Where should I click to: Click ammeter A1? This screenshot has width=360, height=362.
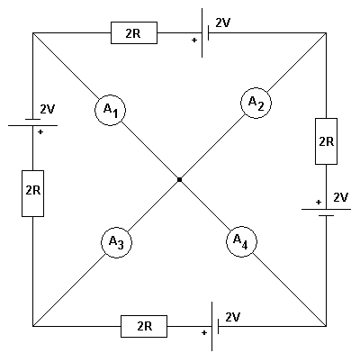[112, 110]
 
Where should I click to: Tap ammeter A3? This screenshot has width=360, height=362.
[116, 241]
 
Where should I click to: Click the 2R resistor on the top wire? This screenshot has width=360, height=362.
[134, 34]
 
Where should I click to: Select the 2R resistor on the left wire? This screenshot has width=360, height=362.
[32, 192]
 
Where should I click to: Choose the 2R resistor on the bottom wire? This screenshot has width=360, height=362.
[143, 326]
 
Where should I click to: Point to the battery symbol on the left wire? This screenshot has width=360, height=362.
[32, 122]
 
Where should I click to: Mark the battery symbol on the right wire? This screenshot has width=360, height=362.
[325, 211]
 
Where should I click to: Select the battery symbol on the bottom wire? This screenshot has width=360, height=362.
[215, 325]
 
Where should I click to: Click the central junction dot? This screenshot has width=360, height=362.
[180, 180]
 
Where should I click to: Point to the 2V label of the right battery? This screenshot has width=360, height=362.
[340, 196]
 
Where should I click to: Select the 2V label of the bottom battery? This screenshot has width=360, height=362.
[233, 317]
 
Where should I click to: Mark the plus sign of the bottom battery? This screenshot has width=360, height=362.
[204, 333]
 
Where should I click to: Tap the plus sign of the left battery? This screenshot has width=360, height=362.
[40, 131]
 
